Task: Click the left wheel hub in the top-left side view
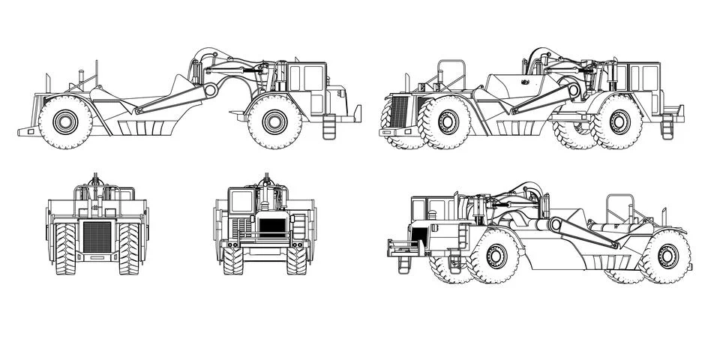[x=65, y=121]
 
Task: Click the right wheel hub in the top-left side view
[x=274, y=121]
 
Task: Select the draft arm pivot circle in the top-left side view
[x=211, y=90]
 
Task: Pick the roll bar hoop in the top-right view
[x=451, y=73]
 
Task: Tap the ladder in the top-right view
[x=667, y=127]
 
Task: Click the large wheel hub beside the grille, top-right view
[x=448, y=121]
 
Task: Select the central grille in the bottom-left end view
[x=97, y=236]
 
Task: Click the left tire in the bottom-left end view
[x=65, y=248]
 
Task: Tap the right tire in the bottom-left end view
[x=129, y=248]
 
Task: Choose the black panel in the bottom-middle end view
[x=272, y=226]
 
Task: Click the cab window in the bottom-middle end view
[x=241, y=201]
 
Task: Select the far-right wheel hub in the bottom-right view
[x=667, y=256]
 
